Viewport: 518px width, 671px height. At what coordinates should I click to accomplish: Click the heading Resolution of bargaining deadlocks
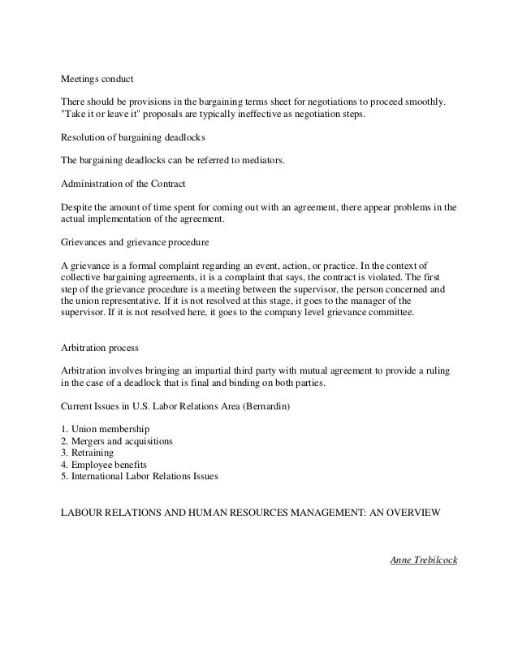click(133, 139)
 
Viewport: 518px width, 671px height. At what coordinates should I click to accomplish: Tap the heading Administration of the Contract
click(124, 185)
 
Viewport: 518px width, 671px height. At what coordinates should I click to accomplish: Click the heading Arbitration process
click(100, 347)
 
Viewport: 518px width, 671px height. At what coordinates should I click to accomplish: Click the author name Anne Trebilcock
click(425, 561)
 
